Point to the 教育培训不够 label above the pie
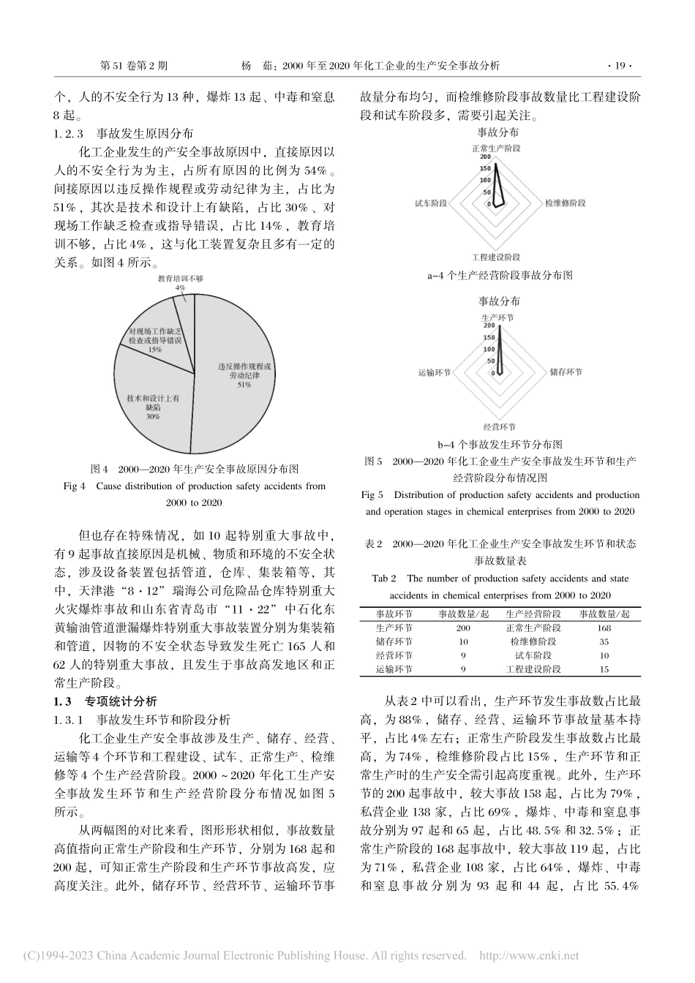pyautogui.click(x=180, y=279)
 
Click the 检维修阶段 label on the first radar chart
pyautogui.click(x=566, y=202)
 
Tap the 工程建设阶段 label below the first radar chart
pyautogui.click(x=497, y=257)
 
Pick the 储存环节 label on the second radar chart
pyautogui.click(x=566, y=372)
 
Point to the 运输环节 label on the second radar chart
pyautogui.click(x=434, y=372)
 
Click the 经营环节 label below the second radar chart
pyautogui.click(x=499, y=426)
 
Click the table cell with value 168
pyautogui.click(x=604, y=628)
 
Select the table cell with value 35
pyautogui.click(x=604, y=641)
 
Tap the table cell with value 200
pyautogui.click(x=463, y=628)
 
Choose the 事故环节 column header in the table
pyautogui.click(x=394, y=614)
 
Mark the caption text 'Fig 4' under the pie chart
pyautogui.click(x=76, y=486)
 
